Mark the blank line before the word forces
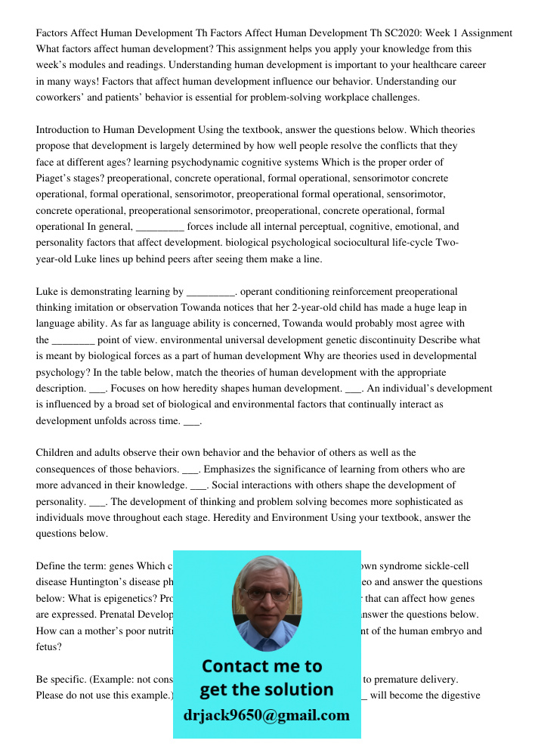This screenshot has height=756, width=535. pyautogui.click(x=159, y=227)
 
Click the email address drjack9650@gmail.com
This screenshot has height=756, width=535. pyautogui.click(x=267, y=715)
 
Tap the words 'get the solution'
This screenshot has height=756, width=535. pyautogui.click(x=266, y=689)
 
